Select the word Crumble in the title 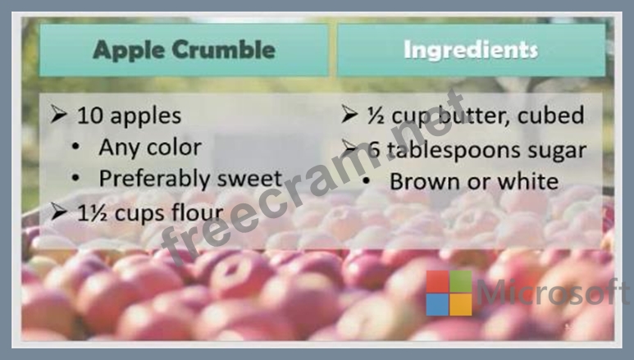point(224,49)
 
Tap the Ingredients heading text point(471,51)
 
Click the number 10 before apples point(89,116)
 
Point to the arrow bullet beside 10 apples point(58,114)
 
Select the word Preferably point(154,180)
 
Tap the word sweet point(249,179)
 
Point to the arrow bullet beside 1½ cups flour point(58,211)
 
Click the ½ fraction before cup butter point(375,116)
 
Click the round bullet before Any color point(75,147)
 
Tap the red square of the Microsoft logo point(437,281)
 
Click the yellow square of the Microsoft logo point(461,304)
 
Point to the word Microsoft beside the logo point(553,292)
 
